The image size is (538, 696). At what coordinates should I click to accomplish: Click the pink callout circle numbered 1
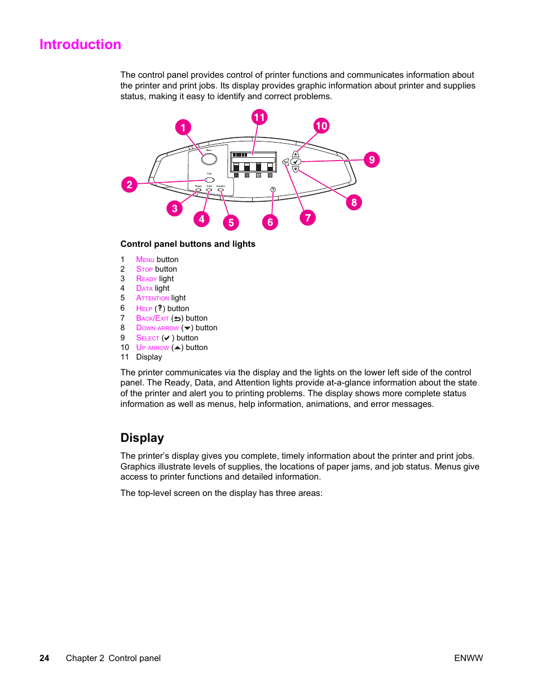(x=183, y=127)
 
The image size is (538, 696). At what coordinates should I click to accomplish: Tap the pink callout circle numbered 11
(x=259, y=117)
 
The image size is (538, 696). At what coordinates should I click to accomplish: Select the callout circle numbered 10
(x=321, y=126)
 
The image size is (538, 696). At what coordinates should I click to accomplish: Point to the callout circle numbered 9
(x=372, y=159)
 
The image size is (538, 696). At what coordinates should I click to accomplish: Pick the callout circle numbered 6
(x=270, y=222)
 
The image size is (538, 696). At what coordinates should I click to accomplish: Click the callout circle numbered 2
(x=129, y=184)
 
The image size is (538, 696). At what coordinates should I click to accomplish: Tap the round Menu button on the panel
(x=209, y=158)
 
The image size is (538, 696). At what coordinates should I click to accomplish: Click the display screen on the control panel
(x=253, y=162)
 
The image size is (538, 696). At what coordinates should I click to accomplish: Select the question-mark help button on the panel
(x=273, y=189)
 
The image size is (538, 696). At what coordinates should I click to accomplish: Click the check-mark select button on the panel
(x=296, y=162)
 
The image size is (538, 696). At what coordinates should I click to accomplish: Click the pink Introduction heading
(x=80, y=45)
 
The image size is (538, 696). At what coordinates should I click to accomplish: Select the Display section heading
(x=142, y=438)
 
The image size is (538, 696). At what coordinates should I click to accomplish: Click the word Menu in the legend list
(x=145, y=260)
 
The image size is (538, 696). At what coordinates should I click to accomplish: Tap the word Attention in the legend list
(x=152, y=298)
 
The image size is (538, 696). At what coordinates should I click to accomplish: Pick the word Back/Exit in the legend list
(x=152, y=318)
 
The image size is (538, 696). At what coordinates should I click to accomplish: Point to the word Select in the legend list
(x=148, y=338)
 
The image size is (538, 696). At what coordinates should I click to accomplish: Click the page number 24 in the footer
(x=45, y=658)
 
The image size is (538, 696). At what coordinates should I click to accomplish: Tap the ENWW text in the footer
(x=468, y=658)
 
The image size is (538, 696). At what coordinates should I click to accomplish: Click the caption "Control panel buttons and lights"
(x=188, y=244)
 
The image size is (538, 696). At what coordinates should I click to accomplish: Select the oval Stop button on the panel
(x=210, y=180)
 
